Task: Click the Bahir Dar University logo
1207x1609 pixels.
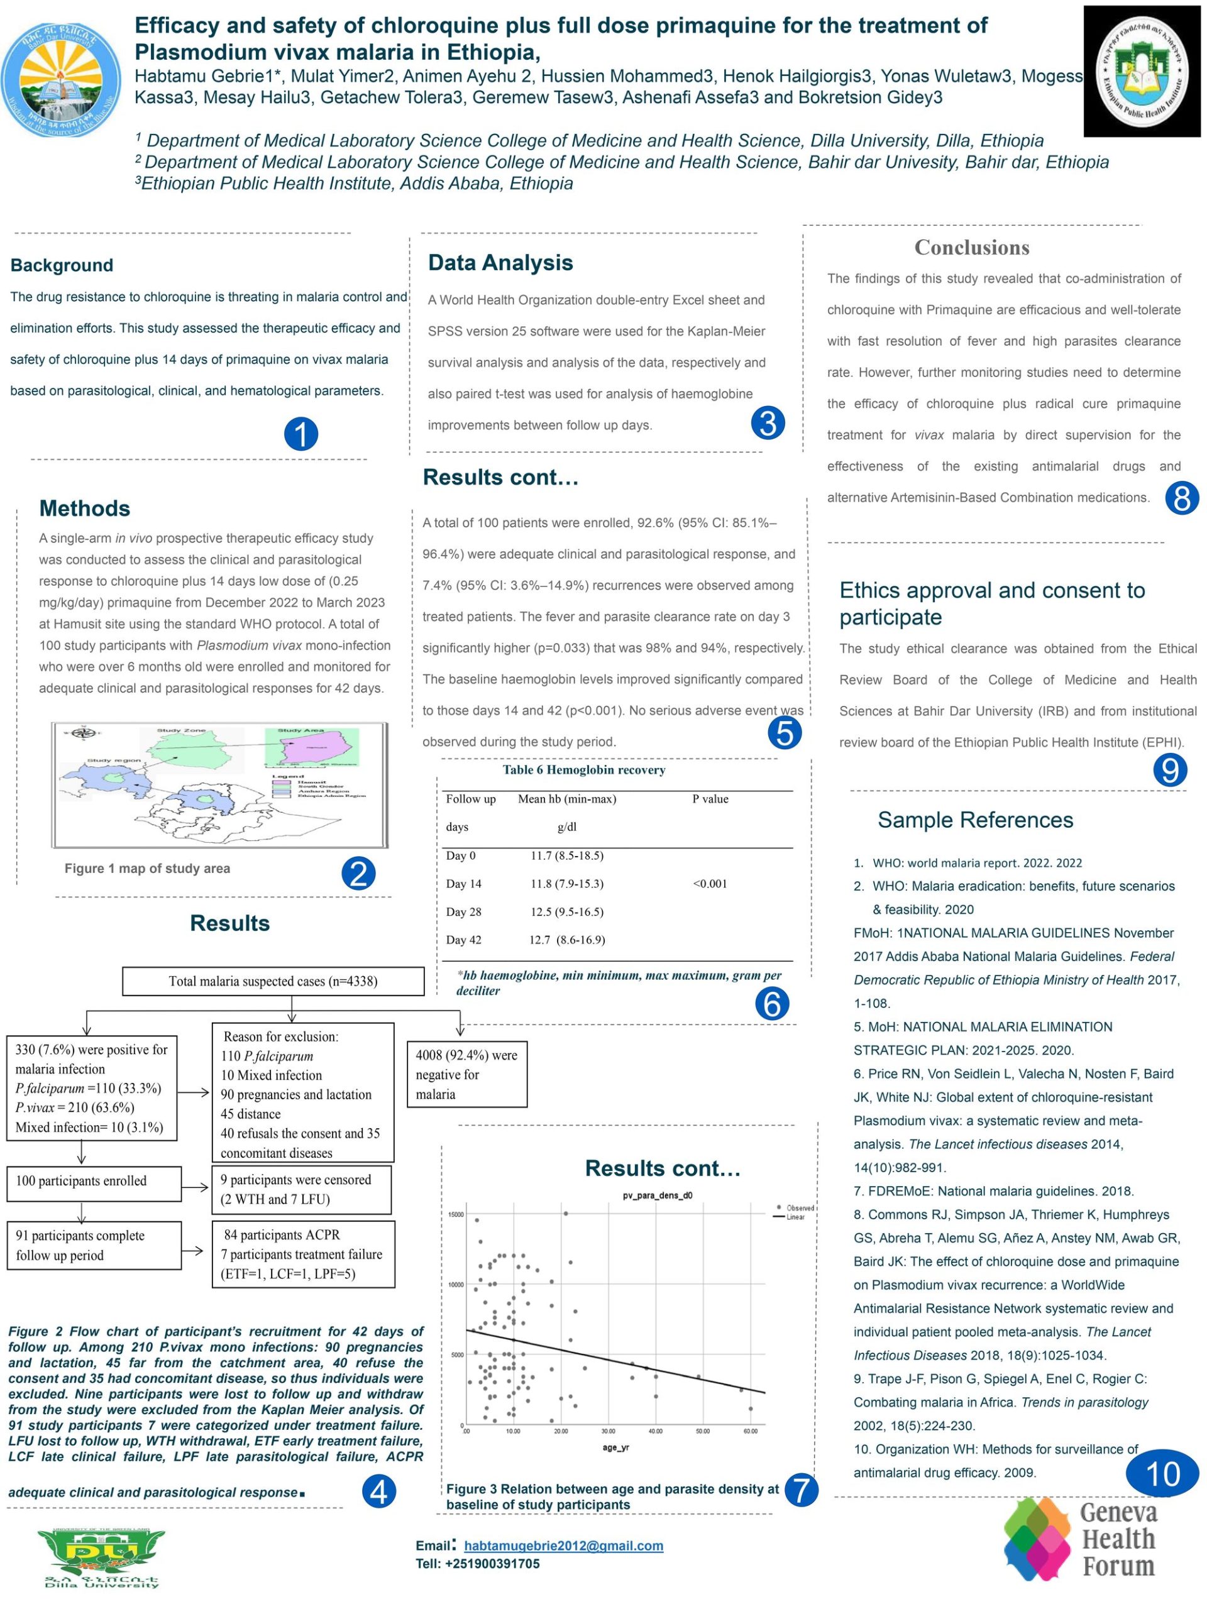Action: (61, 79)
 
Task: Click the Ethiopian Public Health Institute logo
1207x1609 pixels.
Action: (1141, 71)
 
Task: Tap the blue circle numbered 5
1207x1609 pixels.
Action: (785, 732)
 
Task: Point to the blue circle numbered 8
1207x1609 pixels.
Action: (1181, 498)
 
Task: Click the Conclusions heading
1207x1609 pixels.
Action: (971, 247)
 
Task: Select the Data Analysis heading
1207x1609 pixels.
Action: (500, 263)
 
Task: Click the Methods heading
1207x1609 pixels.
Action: (84, 508)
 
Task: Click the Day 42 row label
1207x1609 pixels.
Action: (463, 940)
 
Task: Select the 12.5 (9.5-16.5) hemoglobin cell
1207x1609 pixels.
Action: (567, 912)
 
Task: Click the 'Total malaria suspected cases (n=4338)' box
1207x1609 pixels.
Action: (273, 981)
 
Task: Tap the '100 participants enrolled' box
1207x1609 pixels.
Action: (94, 1180)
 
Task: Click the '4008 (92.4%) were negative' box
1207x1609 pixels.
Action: (466, 1074)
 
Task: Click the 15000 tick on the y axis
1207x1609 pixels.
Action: (455, 1215)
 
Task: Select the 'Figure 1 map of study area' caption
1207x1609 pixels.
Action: (147, 869)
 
